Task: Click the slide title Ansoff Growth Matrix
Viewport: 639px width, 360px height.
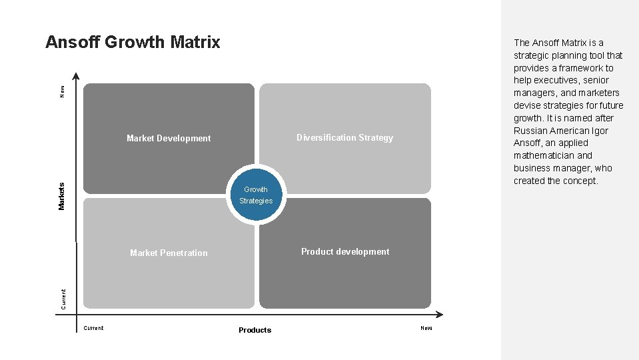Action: click(133, 42)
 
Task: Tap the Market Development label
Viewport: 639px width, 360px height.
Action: click(169, 139)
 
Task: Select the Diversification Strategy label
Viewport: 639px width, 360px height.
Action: click(344, 138)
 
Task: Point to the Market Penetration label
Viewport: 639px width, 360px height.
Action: click(169, 253)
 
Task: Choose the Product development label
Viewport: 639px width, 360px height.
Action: click(345, 252)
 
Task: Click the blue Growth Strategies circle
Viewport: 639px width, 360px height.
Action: click(256, 195)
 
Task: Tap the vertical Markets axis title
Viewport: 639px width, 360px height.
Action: click(62, 196)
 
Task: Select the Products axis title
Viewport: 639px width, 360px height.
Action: click(255, 330)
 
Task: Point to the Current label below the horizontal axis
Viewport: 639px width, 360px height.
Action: click(93, 328)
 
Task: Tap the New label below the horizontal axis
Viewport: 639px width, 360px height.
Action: click(426, 328)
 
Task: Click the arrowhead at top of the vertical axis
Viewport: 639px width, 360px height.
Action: click(77, 76)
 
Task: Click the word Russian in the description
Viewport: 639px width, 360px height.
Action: click(530, 131)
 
